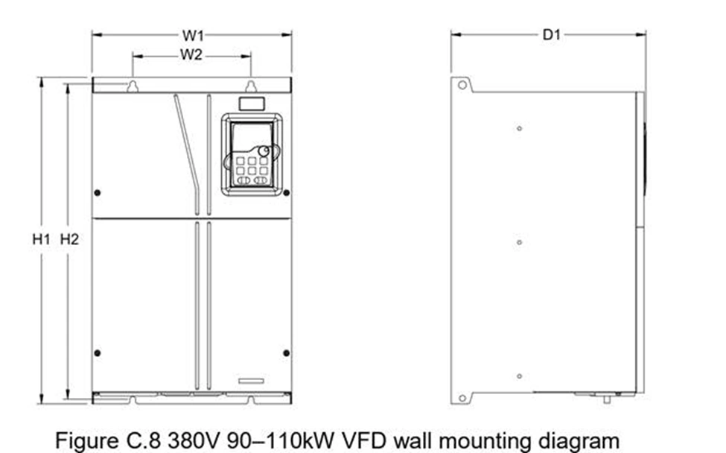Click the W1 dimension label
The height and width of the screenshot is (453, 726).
click(193, 35)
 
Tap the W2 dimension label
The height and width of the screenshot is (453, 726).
click(191, 54)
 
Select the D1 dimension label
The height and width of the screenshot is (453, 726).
click(551, 35)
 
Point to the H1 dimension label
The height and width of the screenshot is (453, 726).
click(41, 239)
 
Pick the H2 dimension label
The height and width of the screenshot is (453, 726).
click(69, 239)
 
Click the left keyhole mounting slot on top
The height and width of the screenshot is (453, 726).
click(133, 86)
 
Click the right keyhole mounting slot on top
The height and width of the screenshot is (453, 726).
click(250, 86)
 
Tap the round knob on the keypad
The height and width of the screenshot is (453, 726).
click(264, 151)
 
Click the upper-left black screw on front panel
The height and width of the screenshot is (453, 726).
click(98, 193)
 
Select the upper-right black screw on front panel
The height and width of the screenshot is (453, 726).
click(287, 193)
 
